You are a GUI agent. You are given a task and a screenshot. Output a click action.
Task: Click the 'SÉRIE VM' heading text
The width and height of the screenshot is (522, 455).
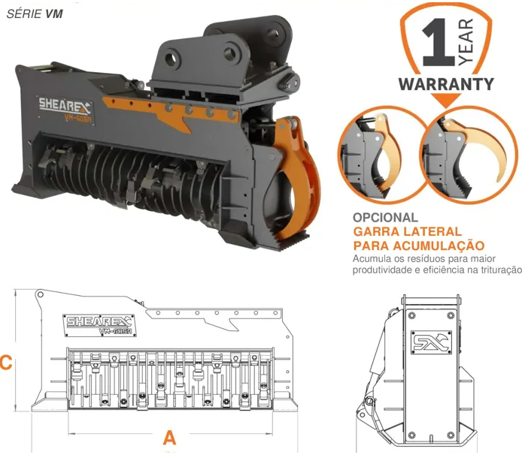[x=35, y=14]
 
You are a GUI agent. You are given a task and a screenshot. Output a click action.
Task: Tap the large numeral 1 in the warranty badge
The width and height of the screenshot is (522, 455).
[x=439, y=42]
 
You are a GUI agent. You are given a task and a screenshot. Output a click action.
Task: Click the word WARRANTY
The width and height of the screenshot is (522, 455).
[x=446, y=84]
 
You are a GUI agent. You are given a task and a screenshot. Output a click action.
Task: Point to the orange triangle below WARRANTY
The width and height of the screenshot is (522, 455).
[x=446, y=101]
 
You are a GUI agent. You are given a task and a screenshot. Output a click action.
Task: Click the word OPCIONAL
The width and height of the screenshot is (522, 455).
[x=385, y=218]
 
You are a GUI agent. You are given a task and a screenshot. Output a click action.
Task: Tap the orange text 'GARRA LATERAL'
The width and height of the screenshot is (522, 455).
[x=407, y=231]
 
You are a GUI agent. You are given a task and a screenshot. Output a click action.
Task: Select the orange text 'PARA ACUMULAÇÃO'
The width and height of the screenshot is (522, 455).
[x=418, y=246]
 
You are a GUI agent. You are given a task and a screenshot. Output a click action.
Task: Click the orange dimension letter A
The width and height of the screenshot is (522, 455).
[x=169, y=438]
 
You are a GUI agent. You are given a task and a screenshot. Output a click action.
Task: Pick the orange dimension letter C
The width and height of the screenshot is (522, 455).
[x=6, y=362]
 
